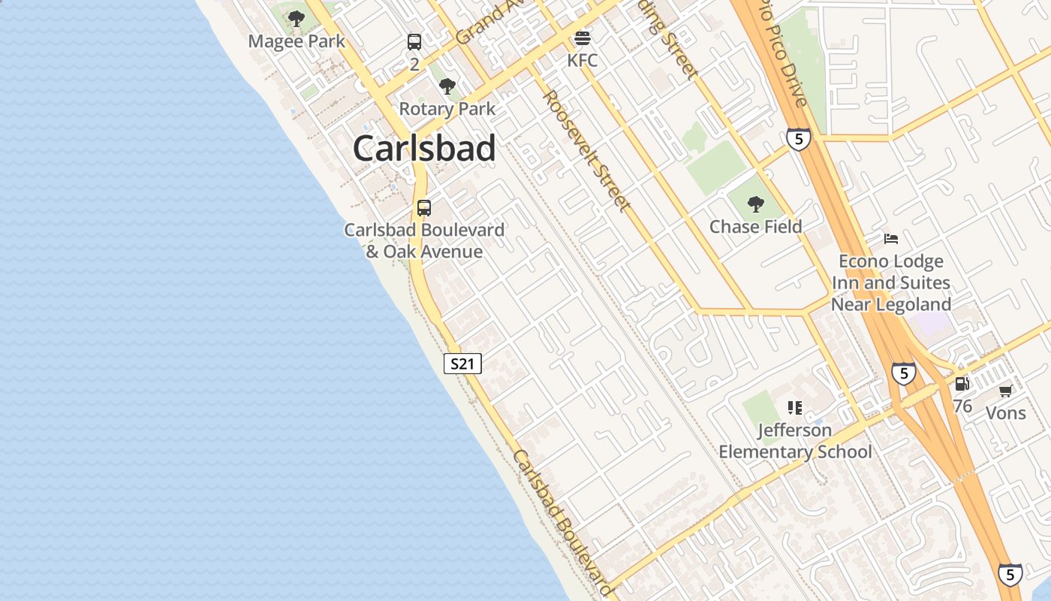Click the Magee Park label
tap(297, 41)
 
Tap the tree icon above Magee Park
tap(297, 18)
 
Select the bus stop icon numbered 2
tap(414, 42)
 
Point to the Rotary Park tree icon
tap(447, 86)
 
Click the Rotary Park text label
tap(447, 109)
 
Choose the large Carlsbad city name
tap(424, 148)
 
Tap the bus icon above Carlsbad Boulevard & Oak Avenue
tap(424, 208)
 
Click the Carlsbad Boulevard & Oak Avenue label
tap(424, 240)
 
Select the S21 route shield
tap(462, 364)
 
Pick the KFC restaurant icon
tap(583, 38)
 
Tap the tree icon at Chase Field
tap(756, 204)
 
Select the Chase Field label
tap(756, 226)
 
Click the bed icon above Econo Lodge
tap(891, 239)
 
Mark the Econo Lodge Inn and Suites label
tap(891, 282)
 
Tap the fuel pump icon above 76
tap(962, 384)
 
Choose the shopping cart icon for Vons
tap(1006, 391)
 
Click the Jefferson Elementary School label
tap(796, 441)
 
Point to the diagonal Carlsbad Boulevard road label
tap(562, 522)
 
